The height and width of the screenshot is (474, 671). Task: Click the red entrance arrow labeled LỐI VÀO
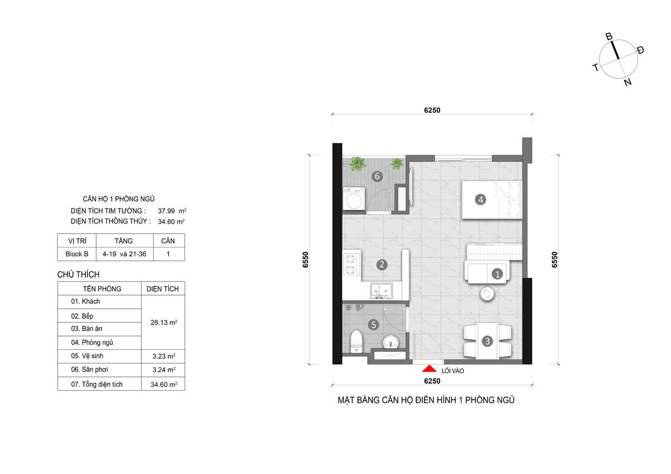(x=429, y=368)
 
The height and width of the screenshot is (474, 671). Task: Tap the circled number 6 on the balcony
(x=377, y=177)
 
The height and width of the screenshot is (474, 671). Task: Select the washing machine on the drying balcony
(x=354, y=199)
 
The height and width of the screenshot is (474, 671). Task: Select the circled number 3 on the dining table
(x=487, y=340)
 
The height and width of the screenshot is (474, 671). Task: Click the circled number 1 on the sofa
(x=496, y=273)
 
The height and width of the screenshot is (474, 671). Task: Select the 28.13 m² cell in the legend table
(x=163, y=322)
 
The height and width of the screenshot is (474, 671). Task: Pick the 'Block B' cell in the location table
(x=77, y=254)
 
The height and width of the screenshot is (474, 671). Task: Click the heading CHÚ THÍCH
(x=78, y=274)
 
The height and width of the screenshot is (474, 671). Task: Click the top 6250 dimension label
(x=432, y=110)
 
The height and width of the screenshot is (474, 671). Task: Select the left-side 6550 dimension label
(x=306, y=260)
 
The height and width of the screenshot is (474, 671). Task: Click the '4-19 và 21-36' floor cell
(x=124, y=254)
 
